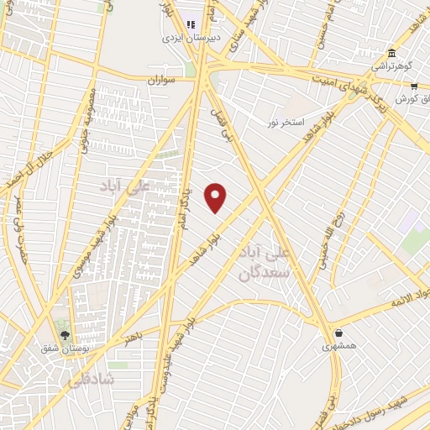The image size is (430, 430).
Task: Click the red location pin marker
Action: click(216, 197)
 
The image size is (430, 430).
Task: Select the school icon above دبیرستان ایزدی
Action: click(191, 25)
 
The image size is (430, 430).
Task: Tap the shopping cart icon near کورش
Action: click(414, 86)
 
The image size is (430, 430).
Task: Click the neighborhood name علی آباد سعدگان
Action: click(264, 262)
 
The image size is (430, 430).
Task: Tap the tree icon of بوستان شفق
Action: click(65, 333)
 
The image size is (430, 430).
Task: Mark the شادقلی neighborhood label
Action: click(87, 380)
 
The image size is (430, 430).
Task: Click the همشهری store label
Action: click(339, 345)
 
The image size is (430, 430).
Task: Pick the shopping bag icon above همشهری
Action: click(338, 333)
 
